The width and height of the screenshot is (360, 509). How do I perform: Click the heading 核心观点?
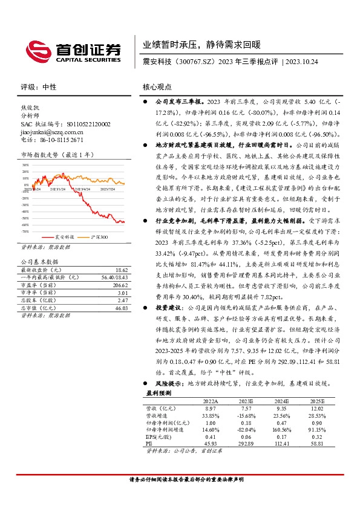(157, 87)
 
